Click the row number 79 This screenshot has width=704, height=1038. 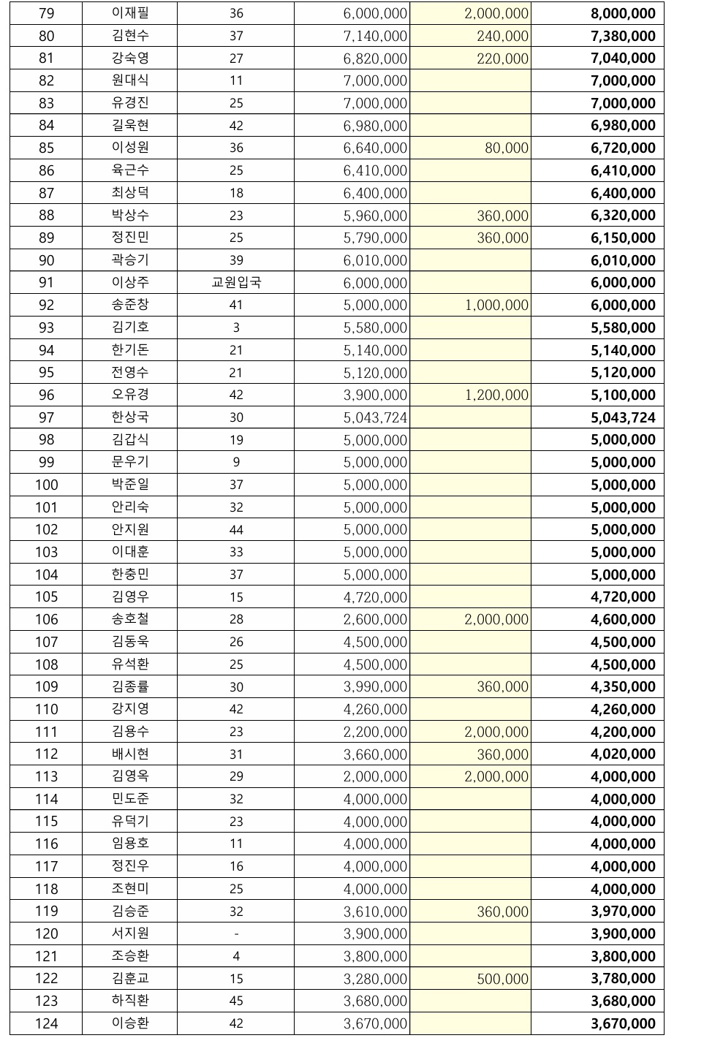pos(46,13)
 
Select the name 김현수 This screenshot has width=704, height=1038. pos(130,36)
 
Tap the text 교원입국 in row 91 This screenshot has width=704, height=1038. pos(235,283)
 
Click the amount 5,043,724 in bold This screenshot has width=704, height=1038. pos(623,417)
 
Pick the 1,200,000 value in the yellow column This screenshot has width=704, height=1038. pos(496,395)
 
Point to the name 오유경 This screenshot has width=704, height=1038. pos(130,395)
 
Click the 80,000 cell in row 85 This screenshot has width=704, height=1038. pos(506,148)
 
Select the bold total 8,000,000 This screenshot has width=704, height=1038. pos(623,13)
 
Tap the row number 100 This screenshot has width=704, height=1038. pos(46,485)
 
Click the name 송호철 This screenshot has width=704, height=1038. pos(130,619)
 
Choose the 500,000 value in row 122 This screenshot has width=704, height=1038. pos(502,979)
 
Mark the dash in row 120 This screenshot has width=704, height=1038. pos(235,933)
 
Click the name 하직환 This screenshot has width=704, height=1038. pos(130,1001)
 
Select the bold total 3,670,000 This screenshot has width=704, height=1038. pos(623,1023)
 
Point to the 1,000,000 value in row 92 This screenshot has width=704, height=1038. pos(496,305)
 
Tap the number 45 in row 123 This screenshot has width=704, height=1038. pos(235,1001)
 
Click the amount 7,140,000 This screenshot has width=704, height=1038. pos(375,36)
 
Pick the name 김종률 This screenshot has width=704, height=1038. pos(130,686)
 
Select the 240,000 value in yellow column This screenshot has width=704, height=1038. pos(502,36)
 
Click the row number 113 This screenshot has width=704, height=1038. pos(46,776)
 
